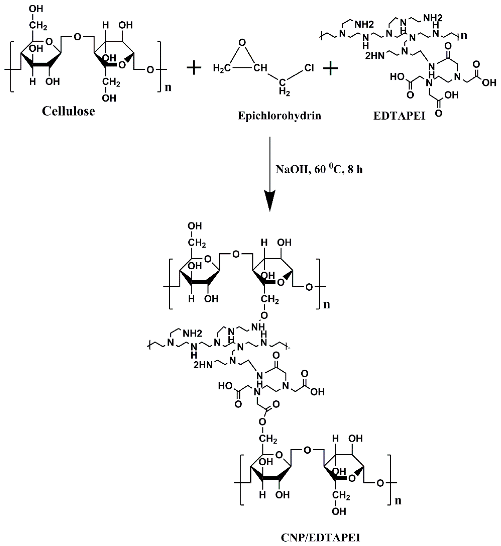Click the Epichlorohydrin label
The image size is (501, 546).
tap(279, 116)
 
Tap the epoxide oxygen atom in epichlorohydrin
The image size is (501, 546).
tap(243, 42)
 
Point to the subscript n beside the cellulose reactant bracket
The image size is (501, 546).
tap(168, 87)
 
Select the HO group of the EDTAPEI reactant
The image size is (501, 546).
tap(397, 77)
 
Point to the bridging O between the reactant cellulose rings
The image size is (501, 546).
tap(77, 37)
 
